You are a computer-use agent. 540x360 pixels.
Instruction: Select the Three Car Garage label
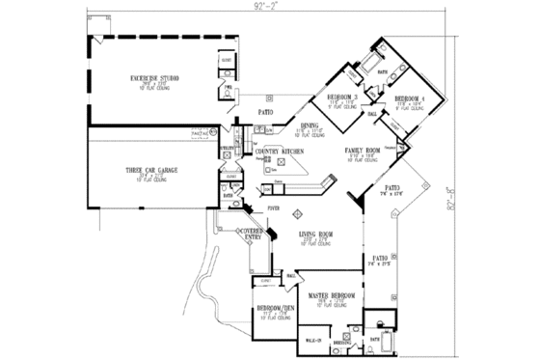(x=148, y=170)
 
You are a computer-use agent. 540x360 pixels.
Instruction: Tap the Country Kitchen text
(x=275, y=152)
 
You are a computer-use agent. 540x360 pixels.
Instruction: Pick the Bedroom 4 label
(x=409, y=98)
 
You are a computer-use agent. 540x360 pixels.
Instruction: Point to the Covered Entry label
(x=254, y=235)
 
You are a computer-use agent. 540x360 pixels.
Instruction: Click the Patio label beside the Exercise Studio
(x=264, y=113)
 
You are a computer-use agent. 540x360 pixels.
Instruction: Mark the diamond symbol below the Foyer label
(x=298, y=212)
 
